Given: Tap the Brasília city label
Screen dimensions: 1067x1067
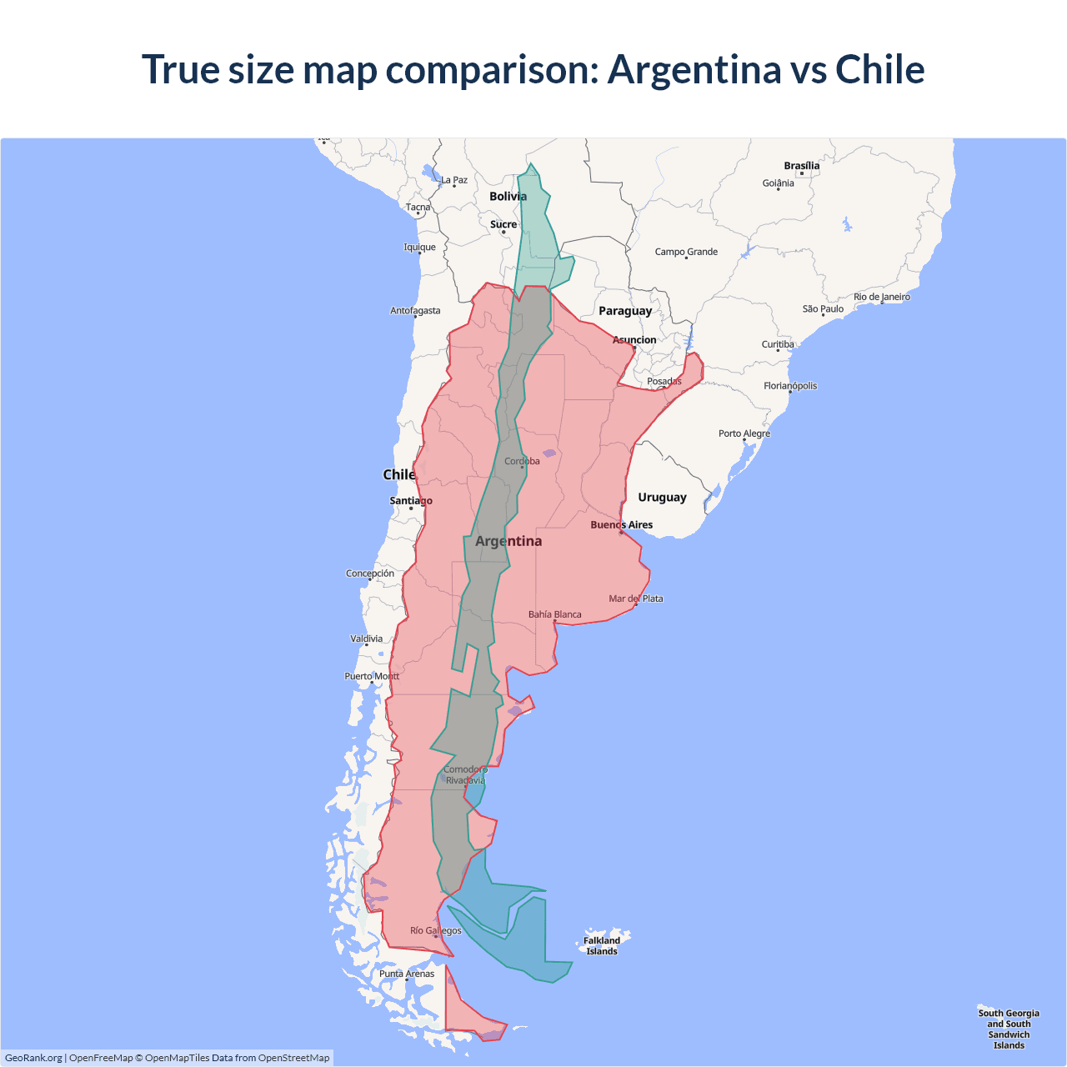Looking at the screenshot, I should click(x=801, y=166).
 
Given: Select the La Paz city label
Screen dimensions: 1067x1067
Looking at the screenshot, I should click(x=454, y=180).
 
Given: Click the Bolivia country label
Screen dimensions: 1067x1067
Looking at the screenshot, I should click(x=508, y=197).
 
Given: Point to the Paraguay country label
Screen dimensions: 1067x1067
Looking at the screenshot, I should click(x=625, y=311).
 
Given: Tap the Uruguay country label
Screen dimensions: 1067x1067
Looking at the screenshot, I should click(x=662, y=498).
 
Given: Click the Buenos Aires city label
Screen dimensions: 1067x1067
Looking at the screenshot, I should click(x=621, y=525).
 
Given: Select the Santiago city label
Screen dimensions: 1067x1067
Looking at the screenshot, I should click(x=411, y=501).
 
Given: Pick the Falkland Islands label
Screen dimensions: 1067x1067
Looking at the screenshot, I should click(x=602, y=946).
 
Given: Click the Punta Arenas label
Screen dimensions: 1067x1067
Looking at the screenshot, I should click(x=407, y=974).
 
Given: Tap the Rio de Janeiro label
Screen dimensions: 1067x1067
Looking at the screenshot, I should click(x=882, y=297).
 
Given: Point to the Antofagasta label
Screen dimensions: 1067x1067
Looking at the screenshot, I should click(x=415, y=311).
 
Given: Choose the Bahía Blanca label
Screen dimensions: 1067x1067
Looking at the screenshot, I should click(x=555, y=614).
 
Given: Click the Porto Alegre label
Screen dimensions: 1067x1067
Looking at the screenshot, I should click(x=744, y=433).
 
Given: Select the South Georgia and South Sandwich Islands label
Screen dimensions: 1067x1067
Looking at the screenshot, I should click(x=1009, y=1029).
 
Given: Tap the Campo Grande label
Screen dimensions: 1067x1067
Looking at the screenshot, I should click(x=686, y=252).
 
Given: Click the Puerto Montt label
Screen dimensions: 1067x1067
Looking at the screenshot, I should click(x=372, y=676).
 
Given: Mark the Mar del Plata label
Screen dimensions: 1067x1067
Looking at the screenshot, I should click(x=636, y=599).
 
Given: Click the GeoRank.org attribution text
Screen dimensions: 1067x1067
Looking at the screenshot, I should click(x=33, y=1058).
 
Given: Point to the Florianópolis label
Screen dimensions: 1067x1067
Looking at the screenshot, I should click(x=790, y=386).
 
